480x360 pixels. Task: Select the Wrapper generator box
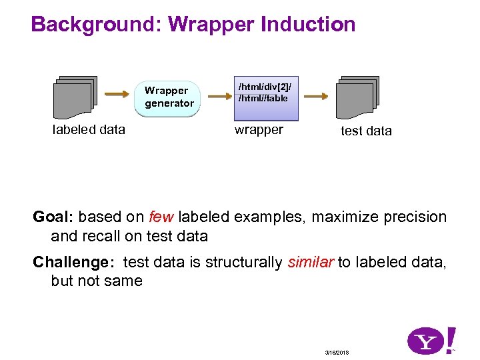coord(169,97)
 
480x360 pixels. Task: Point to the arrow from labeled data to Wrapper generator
coord(119,95)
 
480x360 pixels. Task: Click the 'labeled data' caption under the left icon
coord(89,130)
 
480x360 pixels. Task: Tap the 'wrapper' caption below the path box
coord(259,130)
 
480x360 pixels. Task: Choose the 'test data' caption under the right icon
coord(366,131)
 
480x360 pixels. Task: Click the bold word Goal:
coord(54,217)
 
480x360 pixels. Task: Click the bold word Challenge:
coord(74,262)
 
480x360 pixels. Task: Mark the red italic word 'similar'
coord(311,262)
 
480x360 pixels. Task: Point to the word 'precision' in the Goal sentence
coord(411,217)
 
